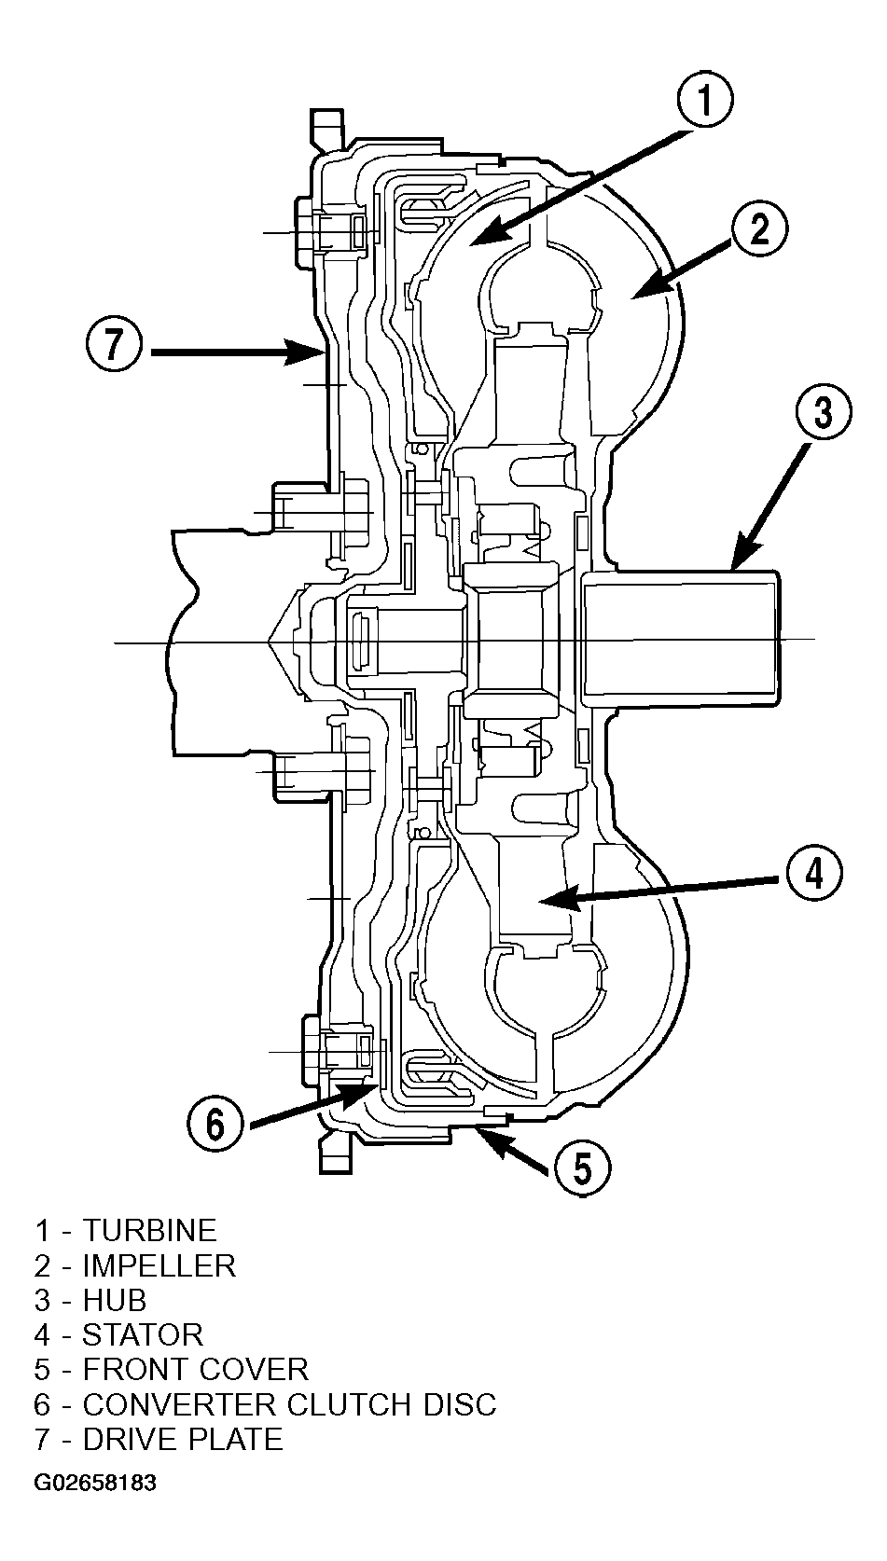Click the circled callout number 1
tap(704, 100)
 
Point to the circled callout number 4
tap(814, 873)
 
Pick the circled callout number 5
tap(582, 1168)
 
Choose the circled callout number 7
tap(114, 344)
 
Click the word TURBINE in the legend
tap(150, 1250)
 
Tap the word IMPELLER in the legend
tap(159, 1285)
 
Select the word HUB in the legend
tap(115, 1319)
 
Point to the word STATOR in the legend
tap(143, 1355)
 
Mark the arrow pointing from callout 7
tap(236, 352)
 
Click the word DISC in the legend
tap(462, 1425)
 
